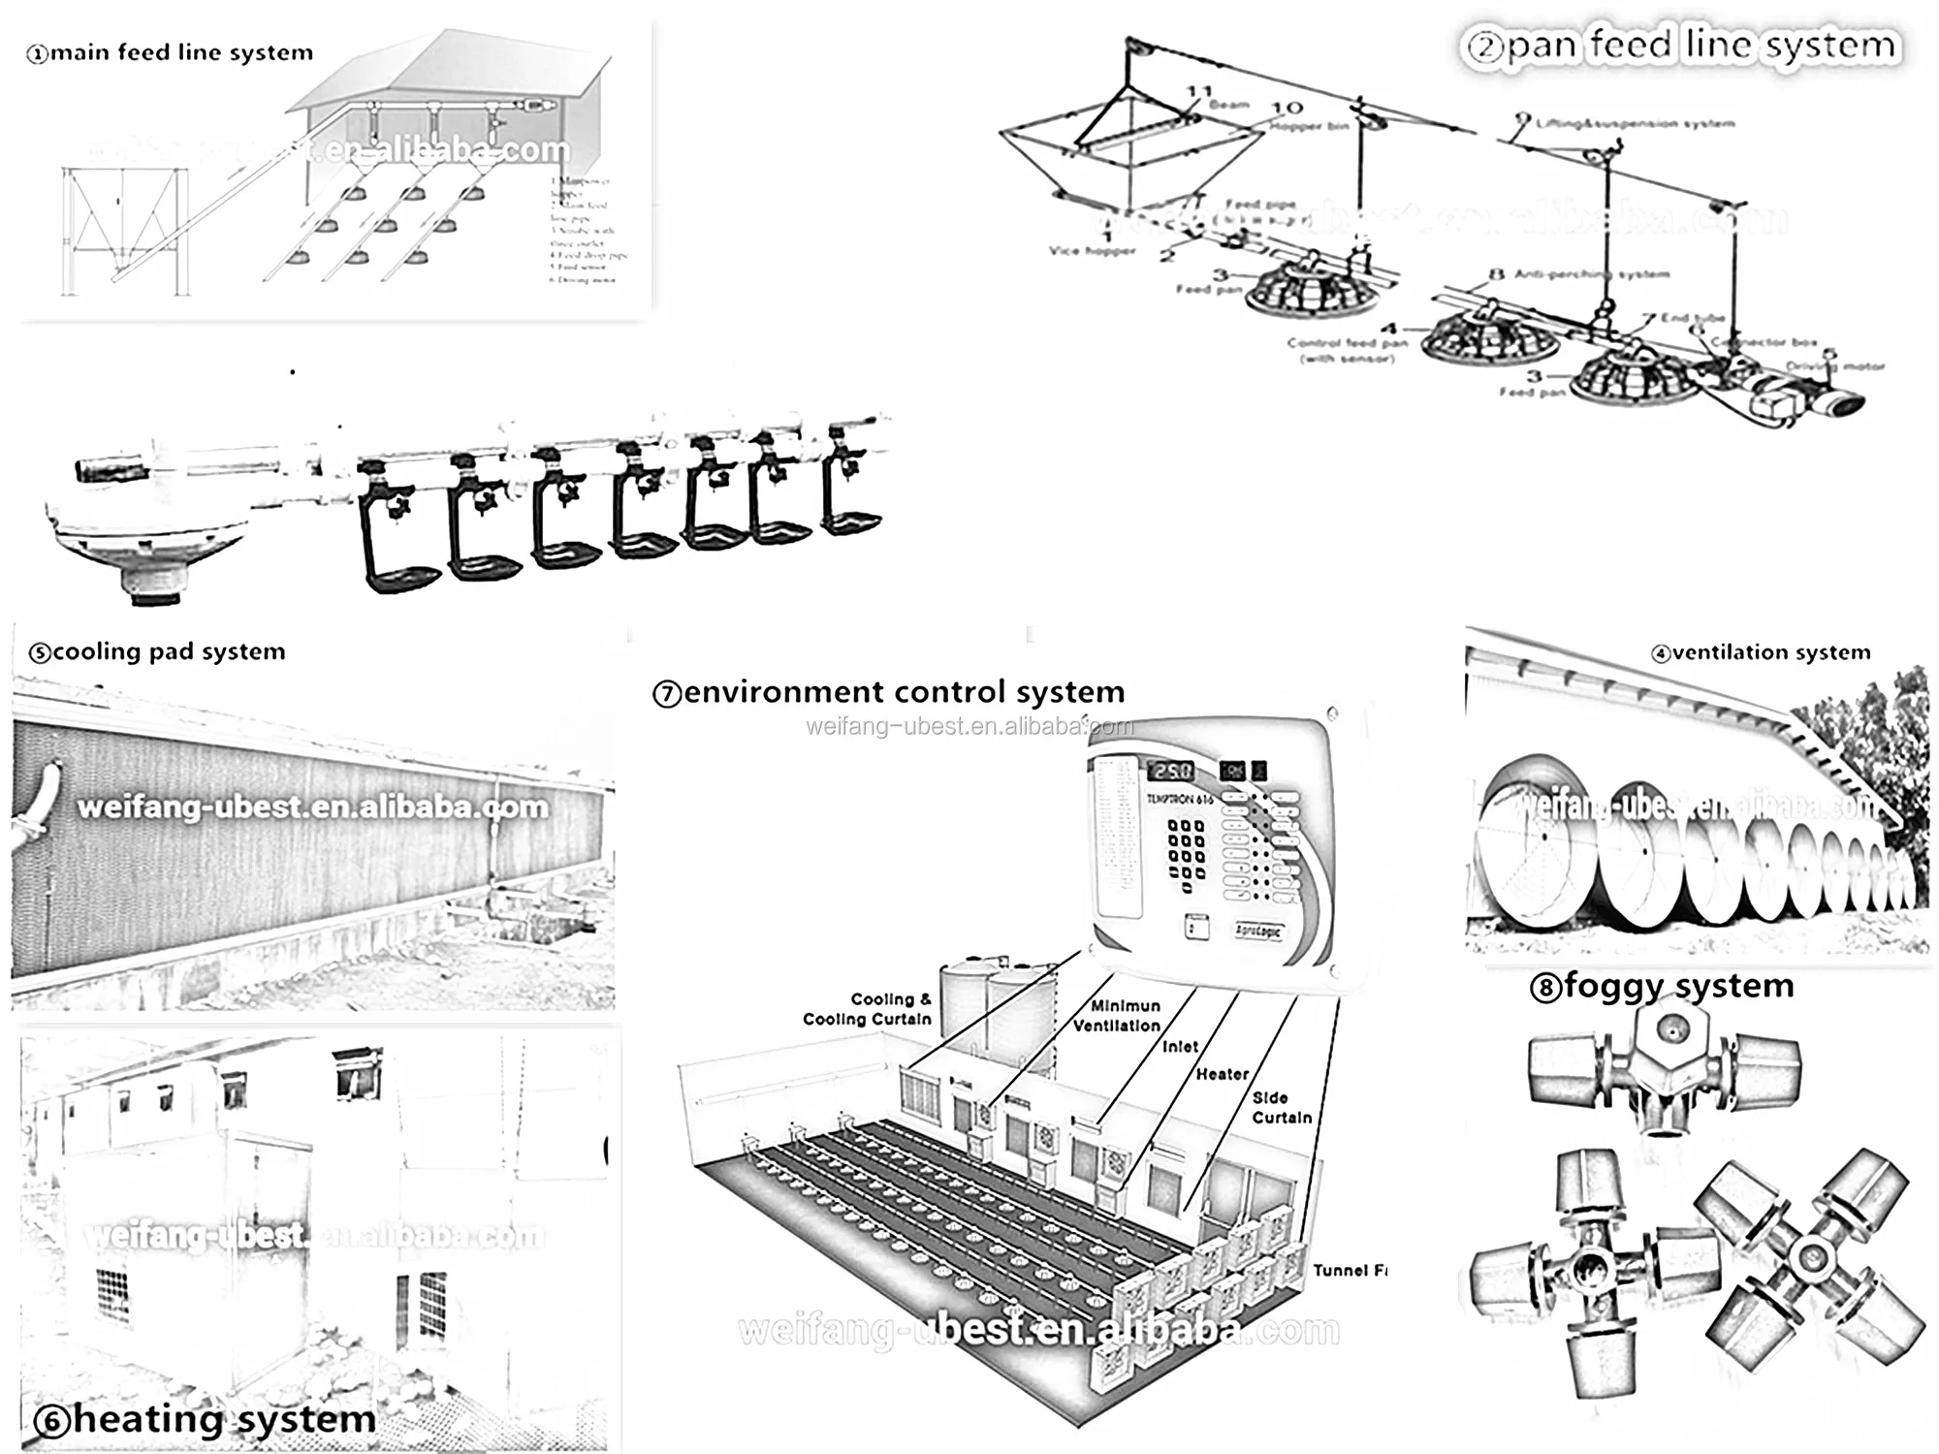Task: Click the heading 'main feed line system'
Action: [x=171, y=52]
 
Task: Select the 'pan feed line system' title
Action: [x=1681, y=46]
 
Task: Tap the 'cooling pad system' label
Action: [x=158, y=651]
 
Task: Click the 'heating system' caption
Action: [x=206, y=1419]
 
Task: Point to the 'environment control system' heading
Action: [x=889, y=692]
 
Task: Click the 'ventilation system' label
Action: [x=1762, y=652]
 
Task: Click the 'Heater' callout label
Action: [x=1222, y=1074]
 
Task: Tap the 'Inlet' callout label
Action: [x=1180, y=1047]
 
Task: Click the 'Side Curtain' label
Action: [x=1280, y=1107]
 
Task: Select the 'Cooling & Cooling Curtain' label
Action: [x=868, y=1009]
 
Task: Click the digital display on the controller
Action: [x=1170, y=771]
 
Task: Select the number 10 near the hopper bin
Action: [x=1287, y=108]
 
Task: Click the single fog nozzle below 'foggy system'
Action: [x=1664, y=1066]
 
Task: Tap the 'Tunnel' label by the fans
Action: [x=1348, y=1270]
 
